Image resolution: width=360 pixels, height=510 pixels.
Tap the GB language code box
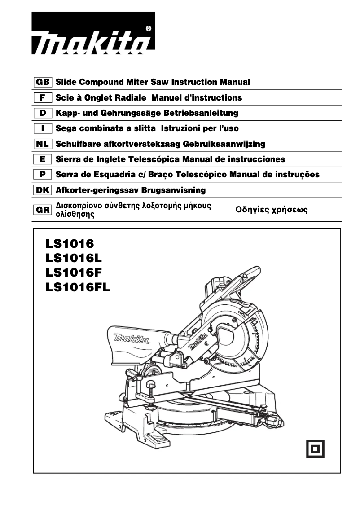[x=43, y=82]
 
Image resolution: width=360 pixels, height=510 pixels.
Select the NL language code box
[x=43, y=144]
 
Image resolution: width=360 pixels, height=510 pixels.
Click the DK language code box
[x=43, y=190]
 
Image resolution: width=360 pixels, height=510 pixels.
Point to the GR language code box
[x=43, y=210]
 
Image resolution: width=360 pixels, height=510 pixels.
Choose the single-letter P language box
[x=43, y=175]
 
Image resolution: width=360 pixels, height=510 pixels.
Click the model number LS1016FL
[x=78, y=287]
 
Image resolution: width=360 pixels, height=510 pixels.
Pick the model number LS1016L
[x=74, y=258]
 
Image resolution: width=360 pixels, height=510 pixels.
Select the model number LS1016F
[x=74, y=273]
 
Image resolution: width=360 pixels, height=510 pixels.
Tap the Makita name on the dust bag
[x=132, y=339]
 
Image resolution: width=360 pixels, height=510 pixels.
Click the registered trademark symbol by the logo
[x=149, y=28]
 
